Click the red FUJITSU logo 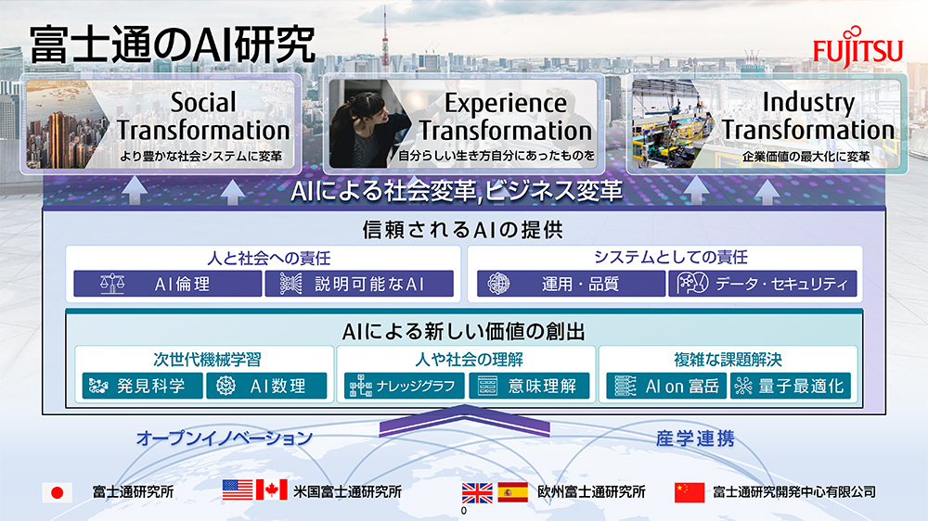[857, 46]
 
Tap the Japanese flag [58, 492]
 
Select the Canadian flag [272, 490]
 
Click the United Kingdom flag [477, 492]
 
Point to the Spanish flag [512, 492]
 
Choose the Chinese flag [690, 492]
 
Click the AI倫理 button [167, 284]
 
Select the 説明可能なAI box [359, 284]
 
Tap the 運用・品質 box [571, 284]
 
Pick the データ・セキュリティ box [762, 284]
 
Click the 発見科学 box [143, 387]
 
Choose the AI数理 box [266, 387]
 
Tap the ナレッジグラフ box [405, 387]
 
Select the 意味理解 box [529, 387]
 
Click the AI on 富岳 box [666, 387]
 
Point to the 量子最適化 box [791, 387]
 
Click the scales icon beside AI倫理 [112, 284]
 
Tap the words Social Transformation [203, 117]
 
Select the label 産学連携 [695, 438]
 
